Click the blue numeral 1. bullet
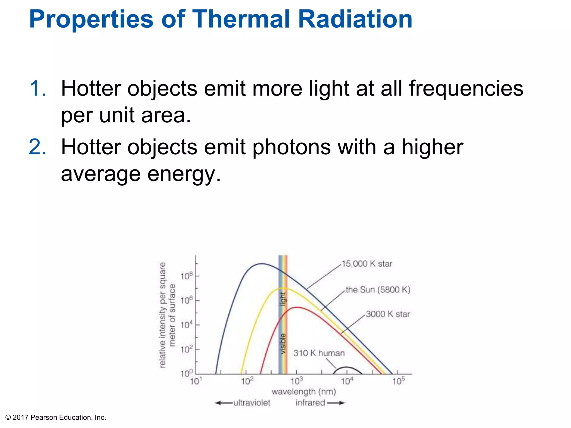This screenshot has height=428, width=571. pyautogui.click(x=38, y=89)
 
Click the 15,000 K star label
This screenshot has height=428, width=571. pyautogui.click(x=367, y=264)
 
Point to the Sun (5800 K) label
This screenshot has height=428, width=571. pyautogui.click(x=378, y=290)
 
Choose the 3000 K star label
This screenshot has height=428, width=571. pyautogui.click(x=388, y=314)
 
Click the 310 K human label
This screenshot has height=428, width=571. pyautogui.click(x=319, y=353)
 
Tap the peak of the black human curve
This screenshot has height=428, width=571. pyautogui.click(x=346, y=367)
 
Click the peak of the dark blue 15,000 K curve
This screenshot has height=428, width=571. pyautogui.click(x=261, y=264)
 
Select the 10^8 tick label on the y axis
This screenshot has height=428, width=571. pyautogui.click(x=186, y=276)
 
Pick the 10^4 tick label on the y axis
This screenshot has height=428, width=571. pyautogui.click(x=186, y=325)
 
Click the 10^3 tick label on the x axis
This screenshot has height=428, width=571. pyautogui.click(x=297, y=381)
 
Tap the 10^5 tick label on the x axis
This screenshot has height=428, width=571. pyautogui.click(x=398, y=381)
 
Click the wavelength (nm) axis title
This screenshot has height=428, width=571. pyautogui.click(x=304, y=392)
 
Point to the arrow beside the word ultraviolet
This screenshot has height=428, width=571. pyautogui.click(x=224, y=403)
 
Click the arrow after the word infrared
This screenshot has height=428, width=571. pyautogui.click(x=336, y=403)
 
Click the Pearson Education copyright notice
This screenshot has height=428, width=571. pyautogui.click(x=56, y=417)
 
